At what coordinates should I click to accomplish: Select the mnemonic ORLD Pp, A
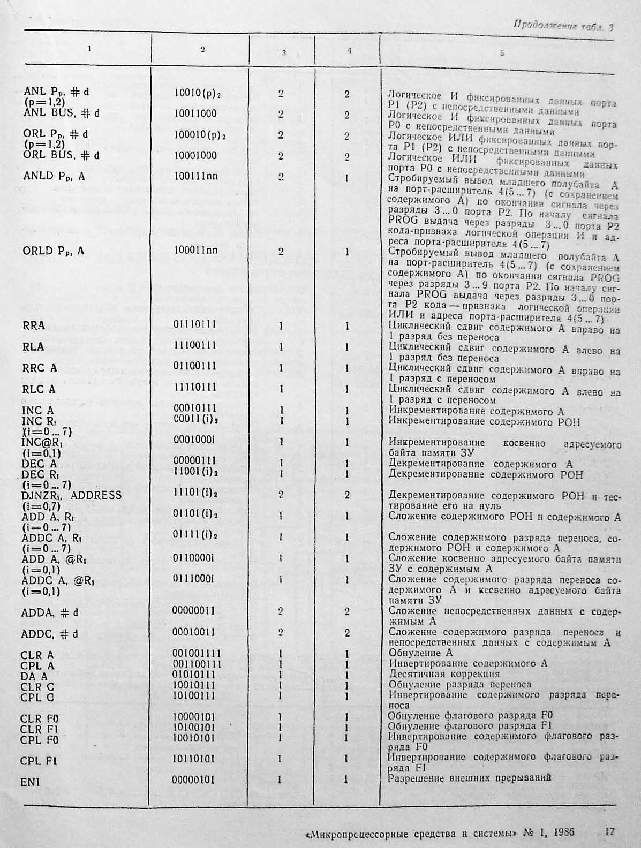[x=54, y=251]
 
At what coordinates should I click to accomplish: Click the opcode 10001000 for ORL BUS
[x=195, y=155]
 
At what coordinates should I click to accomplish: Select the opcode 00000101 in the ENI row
[x=193, y=779]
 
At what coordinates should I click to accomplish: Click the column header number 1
[x=89, y=49]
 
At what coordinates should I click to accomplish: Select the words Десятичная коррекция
[x=444, y=674]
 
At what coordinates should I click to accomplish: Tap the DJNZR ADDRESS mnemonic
[x=72, y=495]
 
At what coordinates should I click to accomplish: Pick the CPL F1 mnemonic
[x=39, y=761]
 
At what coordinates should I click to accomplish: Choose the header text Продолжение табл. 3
[x=563, y=25]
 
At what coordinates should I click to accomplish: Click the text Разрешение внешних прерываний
[x=470, y=778]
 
